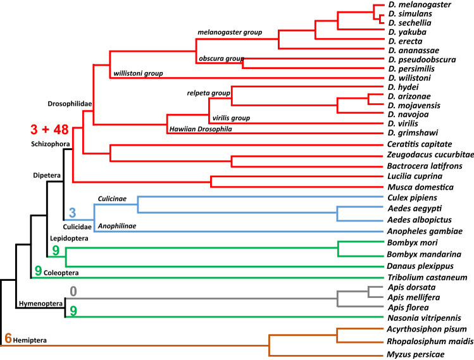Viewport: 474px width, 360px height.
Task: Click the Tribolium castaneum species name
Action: [427, 277]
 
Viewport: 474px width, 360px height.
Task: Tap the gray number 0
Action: [73, 292]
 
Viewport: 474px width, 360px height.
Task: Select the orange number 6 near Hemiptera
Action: [8, 338]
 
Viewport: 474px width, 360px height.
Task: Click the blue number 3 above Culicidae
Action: [72, 213]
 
